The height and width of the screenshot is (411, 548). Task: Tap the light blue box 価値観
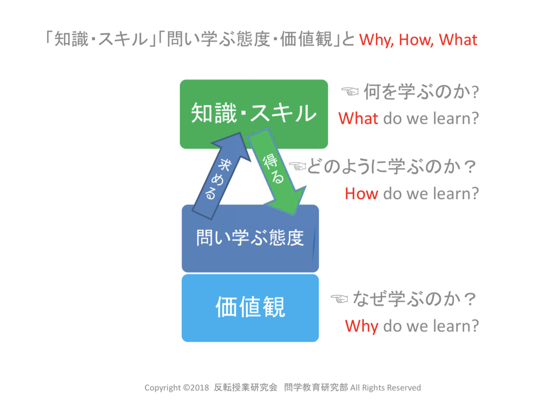[250, 308]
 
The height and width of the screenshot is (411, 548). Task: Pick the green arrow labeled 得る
[277, 172]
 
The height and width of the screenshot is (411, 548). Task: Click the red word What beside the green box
[358, 118]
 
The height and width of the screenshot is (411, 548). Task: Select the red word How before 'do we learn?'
[361, 194]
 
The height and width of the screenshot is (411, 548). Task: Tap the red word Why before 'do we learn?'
[361, 326]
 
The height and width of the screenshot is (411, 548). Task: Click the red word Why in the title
[376, 40]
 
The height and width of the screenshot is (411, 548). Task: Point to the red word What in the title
[458, 39]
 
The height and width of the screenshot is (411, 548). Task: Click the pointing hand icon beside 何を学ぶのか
[350, 91]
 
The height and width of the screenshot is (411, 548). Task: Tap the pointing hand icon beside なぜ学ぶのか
[339, 298]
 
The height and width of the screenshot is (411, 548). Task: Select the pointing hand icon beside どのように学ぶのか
[298, 166]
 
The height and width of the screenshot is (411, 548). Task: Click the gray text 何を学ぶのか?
[421, 92]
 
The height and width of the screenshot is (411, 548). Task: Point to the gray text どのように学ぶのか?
[391, 166]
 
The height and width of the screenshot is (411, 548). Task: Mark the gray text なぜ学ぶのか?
[414, 298]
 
